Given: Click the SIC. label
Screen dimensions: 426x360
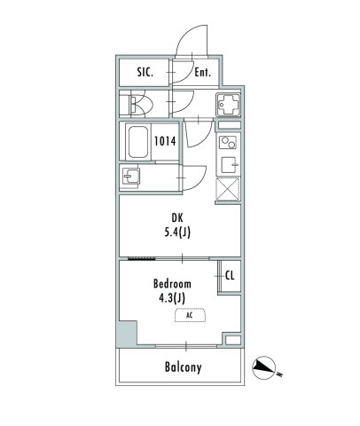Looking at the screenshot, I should coord(144,72).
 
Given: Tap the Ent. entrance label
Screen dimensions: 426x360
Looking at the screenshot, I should coord(202,73).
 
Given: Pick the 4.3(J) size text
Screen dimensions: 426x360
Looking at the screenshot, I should coord(172,298).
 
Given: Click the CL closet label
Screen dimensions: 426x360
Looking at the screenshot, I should coord(230,275).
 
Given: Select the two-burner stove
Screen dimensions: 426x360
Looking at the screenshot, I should coord(227,142).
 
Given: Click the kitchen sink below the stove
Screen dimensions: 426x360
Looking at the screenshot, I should coord(228,162).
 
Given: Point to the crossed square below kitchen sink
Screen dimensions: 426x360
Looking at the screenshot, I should coord(227,187).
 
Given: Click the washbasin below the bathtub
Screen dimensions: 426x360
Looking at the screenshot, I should coord(133,176).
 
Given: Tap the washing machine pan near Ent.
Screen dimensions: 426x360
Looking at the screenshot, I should coord(228,106).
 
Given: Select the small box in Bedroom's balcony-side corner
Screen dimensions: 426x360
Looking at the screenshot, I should coord(232,340).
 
